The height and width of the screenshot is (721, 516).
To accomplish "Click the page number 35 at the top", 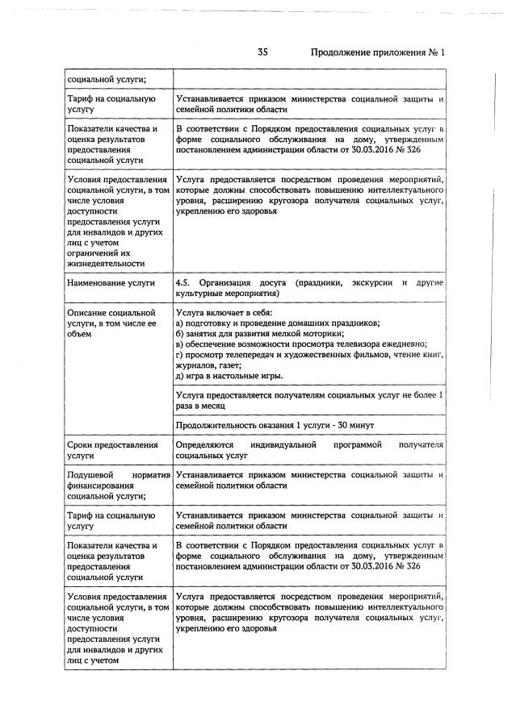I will tap(262, 52).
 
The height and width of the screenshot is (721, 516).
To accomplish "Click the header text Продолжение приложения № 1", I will tap(378, 52).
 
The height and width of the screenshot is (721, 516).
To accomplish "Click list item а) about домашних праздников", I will tap(277, 323).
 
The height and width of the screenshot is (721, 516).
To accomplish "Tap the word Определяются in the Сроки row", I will tap(204, 445).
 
